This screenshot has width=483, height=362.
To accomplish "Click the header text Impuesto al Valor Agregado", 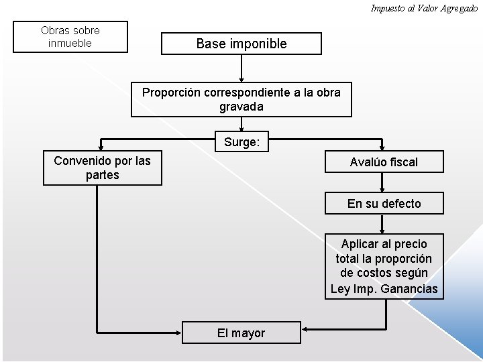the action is pos(424,8).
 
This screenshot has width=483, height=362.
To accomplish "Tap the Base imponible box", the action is pos(241,44).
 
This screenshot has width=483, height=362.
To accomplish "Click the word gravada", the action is pos(241,107).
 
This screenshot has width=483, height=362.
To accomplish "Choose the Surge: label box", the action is pos(241,142).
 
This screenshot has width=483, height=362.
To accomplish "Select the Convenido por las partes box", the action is pos(103,168).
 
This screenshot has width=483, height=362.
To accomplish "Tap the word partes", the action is pos(103,175).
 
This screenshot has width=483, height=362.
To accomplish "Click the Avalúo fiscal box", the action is pos(384,162).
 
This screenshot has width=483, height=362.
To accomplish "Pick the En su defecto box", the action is pos(384,203).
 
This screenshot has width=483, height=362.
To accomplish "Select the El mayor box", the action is pos(241,333).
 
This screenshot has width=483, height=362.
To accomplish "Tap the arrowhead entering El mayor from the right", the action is pos(304,330).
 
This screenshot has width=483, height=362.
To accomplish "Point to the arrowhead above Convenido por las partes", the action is pos(100,145).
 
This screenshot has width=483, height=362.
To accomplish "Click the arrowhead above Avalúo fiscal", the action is pos(382,145).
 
